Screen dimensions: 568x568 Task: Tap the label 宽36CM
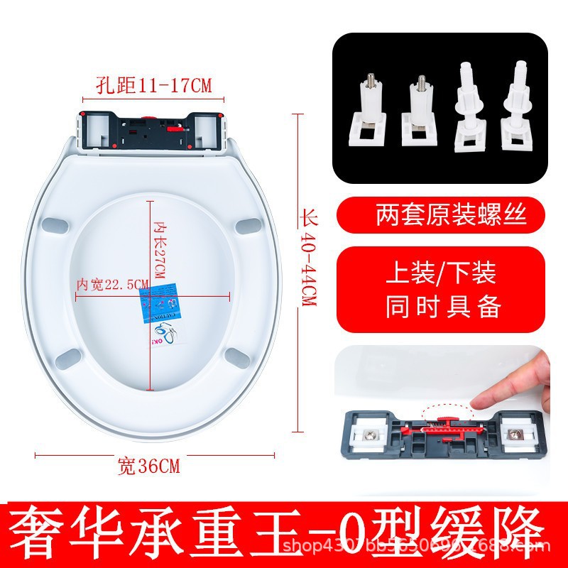tap(149, 466)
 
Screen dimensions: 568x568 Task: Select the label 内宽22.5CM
tap(112, 284)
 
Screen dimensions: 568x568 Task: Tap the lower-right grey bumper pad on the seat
tap(236, 354)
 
